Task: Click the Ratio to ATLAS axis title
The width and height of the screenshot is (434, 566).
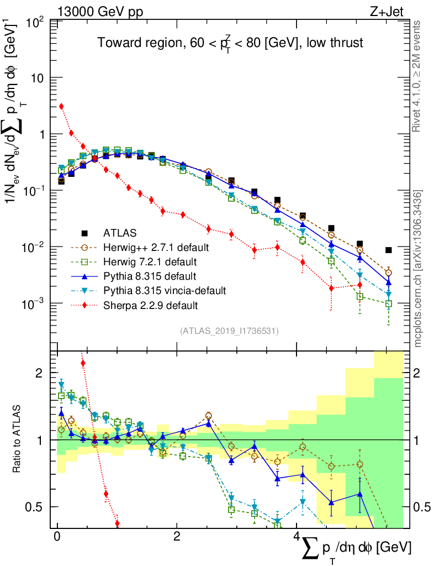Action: coord(18,440)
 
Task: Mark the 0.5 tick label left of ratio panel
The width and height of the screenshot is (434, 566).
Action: coord(35,507)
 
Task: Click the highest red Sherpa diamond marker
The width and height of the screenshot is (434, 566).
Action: coord(61,106)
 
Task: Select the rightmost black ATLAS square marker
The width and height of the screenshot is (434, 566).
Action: coord(389,250)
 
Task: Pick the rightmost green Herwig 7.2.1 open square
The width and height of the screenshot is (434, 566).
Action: coord(389,304)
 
